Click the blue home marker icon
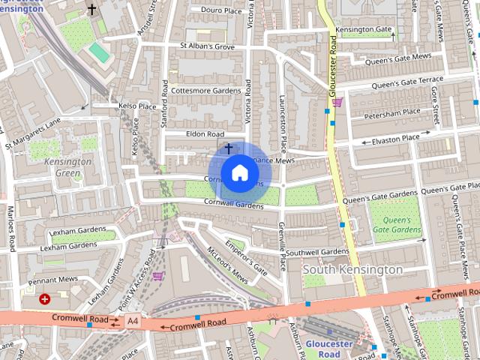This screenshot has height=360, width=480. (239, 172)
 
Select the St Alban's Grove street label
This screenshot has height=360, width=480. (207, 46)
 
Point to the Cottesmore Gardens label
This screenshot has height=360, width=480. (205, 90)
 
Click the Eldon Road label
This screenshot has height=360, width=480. (205, 134)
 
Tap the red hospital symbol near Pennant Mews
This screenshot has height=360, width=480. (46, 299)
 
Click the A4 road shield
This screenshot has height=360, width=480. (133, 322)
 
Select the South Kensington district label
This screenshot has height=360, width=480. (352, 269)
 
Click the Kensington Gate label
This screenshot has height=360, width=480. (364, 29)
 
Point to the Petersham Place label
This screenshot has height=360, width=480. (391, 113)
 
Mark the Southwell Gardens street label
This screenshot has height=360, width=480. (317, 252)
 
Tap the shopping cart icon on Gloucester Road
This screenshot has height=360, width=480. (338, 102)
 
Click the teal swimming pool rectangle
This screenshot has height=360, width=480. (99, 52)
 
